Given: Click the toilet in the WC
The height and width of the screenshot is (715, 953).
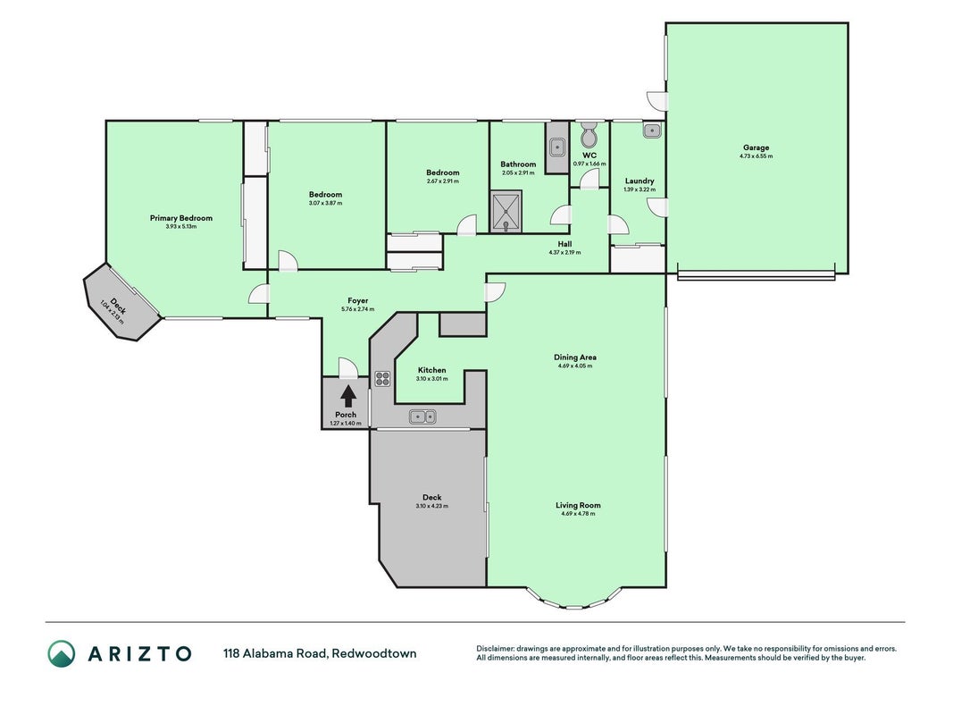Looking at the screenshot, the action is click(589, 135).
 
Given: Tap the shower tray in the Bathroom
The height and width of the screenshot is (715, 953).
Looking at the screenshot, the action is click(506, 212).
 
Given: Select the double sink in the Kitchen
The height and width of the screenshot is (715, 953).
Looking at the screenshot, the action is click(422, 416).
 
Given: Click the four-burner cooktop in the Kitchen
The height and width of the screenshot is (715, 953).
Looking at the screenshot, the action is click(382, 378).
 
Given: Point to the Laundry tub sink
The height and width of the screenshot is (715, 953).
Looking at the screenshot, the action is click(651, 130).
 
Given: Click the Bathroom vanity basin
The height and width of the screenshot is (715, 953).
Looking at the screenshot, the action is click(557, 147).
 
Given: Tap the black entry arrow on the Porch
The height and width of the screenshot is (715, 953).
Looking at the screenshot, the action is click(347, 397).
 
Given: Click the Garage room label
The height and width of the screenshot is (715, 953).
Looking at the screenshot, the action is click(757, 147).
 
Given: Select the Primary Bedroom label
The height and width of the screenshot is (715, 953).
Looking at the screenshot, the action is click(181, 218).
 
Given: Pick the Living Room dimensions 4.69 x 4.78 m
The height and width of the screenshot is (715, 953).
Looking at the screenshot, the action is click(578, 514).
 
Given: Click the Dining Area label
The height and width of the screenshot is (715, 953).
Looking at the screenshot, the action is click(575, 357).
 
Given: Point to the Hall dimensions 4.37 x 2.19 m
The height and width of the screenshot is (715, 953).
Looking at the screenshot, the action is click(564, 252).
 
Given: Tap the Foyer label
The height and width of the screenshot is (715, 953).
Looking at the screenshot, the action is click(358, 300).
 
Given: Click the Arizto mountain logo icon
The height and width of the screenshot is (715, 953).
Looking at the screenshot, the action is click(62, 653).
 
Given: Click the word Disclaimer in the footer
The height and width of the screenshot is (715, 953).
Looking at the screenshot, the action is click(496, 649).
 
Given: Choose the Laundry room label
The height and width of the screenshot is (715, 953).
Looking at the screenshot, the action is click(640, 181).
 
